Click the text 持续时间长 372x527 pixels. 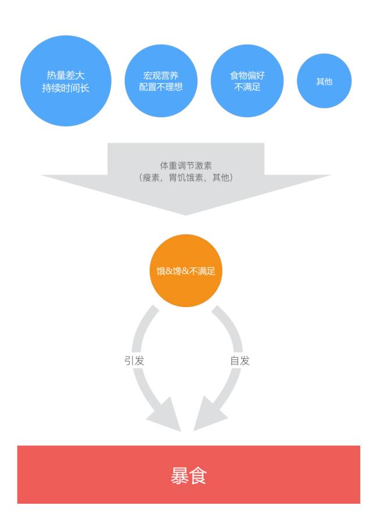coord(66,88)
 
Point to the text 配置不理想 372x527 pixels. coord(161,87)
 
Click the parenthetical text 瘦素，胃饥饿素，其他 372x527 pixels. coord(186,177)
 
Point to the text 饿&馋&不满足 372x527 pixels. coord(186,271)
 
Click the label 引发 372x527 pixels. coord(134,361)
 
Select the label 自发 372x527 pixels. coord(239,361)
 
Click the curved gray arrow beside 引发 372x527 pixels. coord(139,337)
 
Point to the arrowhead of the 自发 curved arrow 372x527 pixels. coord(207,416)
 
